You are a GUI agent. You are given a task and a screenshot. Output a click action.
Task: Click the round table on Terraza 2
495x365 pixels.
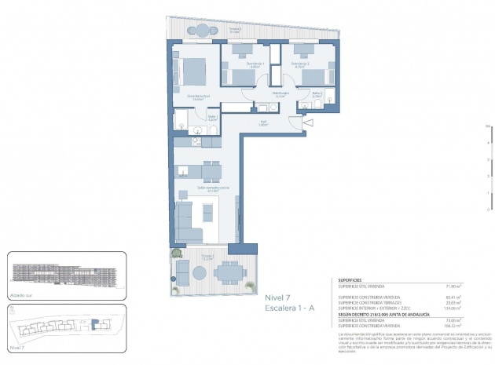pyautogui.click(x=203, y=31)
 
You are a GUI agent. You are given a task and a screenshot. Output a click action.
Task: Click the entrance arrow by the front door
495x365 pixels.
pyautogui.click(x=308, y=122)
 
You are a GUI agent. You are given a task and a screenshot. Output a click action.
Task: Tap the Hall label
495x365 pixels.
pyautogui.click(x=264, y=122)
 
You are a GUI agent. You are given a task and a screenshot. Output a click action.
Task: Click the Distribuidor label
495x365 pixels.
pyautogui.click(x=281, y=93)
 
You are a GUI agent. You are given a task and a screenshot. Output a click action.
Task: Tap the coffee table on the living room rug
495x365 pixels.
pyautogui.click(x=207, y=211)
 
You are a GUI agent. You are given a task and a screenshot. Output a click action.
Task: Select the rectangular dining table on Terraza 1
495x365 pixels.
pyautogui.click(x=229, y=272)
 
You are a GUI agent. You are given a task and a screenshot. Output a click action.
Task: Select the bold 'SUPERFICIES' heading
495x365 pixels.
pyautogui.click(x=350, y=279)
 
